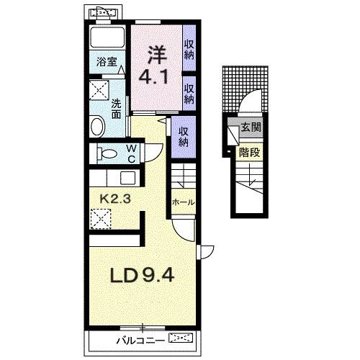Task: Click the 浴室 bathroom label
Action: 107,62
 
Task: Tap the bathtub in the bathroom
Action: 107,37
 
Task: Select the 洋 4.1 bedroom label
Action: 154,66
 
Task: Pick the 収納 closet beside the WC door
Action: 183,137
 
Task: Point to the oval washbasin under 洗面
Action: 97,126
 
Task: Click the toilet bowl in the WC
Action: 107,153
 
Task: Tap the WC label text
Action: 131,153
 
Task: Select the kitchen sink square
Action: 127,178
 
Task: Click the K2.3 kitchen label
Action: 115,199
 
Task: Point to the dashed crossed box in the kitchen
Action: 101,219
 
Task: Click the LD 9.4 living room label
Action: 142,275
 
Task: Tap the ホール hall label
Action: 184,202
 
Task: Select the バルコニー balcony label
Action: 141,341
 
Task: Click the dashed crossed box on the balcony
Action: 181,338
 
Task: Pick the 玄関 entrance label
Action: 251,127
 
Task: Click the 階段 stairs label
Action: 250,153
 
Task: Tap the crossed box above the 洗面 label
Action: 99,90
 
